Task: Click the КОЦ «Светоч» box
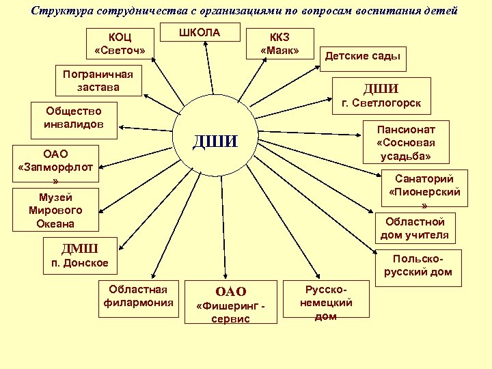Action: (120, 44)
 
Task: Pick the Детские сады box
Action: (362, 57)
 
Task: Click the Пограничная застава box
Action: (98, 81)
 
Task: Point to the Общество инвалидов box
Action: (74, 118)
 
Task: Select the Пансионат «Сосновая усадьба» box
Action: (405, 142)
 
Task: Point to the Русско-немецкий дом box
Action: (326, 303)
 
